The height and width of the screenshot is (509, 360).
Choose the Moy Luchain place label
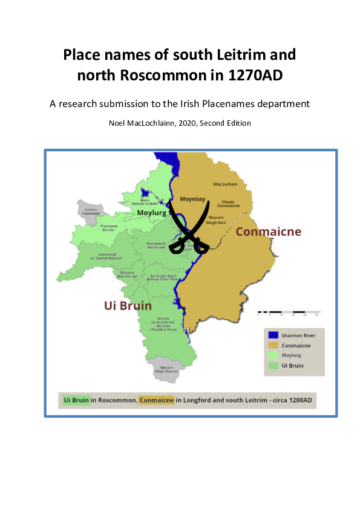tap(225, 184)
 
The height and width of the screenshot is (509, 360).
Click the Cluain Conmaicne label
tap(228, 204)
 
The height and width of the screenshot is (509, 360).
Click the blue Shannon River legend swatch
tap(273, 335)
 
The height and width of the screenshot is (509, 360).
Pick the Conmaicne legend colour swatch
tap(273, 346)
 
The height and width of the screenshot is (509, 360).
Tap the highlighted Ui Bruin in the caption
tap(77, 400)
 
